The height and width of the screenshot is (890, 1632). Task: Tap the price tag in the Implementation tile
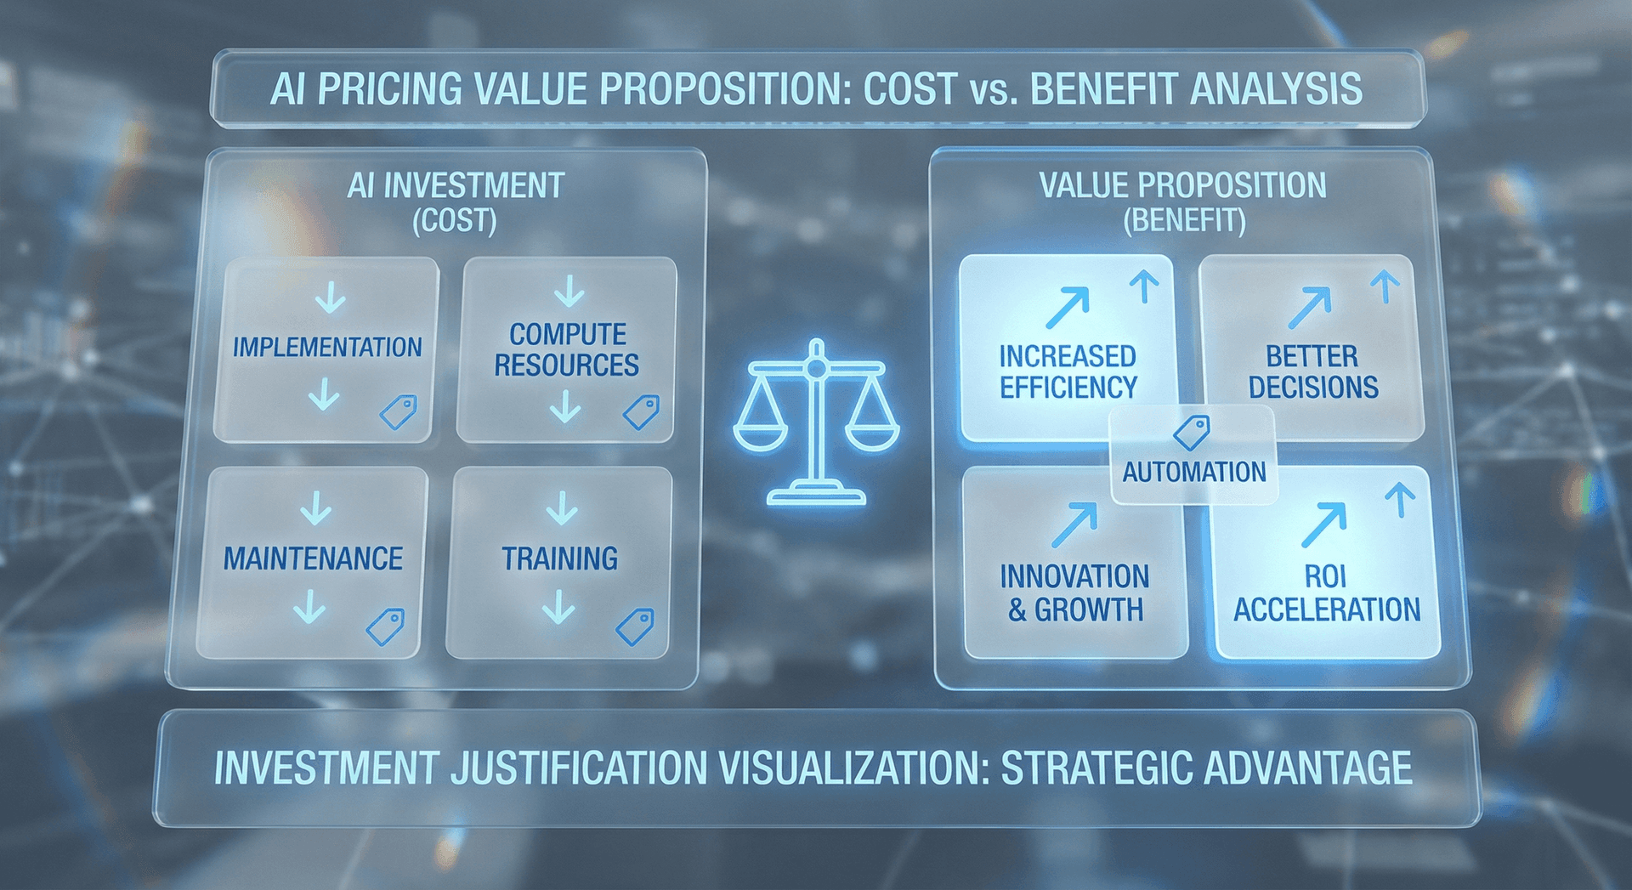tap(398, 412)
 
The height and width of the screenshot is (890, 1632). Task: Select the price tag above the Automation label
tap(1192, 432)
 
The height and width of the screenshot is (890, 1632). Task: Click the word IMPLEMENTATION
tap(327, 347)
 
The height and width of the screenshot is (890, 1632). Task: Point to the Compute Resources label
tap(567, 349)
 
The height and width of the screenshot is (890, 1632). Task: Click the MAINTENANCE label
tap(313, 558)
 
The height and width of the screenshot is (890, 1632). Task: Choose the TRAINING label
tap(559, 558)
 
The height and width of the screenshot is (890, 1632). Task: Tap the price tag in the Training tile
tap(635, 626)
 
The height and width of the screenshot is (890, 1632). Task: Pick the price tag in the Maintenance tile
tap(385, 626)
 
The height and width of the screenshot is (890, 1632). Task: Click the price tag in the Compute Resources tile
tap(642, 412)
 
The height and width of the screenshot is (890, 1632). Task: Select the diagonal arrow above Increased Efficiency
tap(1068, 307)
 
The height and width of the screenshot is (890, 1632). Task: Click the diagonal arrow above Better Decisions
tap(1310, 307)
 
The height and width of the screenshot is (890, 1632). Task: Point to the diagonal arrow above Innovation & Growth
tap(1074, 524)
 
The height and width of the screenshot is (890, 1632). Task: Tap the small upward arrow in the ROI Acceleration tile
tap(1400, 500)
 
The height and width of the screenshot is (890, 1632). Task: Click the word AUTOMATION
tap(1194, 472)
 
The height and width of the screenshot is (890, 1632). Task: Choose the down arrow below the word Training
tap(558, 608)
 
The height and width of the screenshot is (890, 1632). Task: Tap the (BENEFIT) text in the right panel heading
tap(1184, 221)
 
